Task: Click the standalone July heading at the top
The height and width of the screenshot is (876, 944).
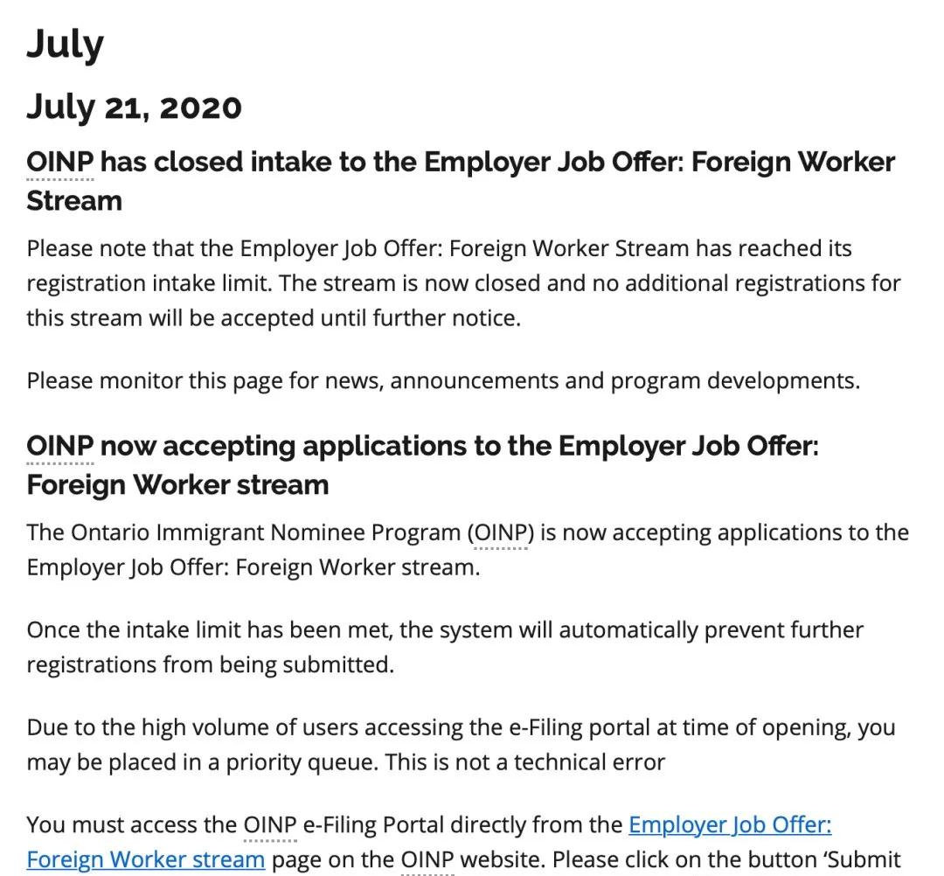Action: coord(65,44)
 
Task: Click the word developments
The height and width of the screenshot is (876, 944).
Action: coord(782,381)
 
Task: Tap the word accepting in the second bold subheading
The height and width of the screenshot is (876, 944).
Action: coord(230,447)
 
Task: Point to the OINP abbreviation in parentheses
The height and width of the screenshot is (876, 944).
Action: coord(501,532)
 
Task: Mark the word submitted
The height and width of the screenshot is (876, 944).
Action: coord(337,665)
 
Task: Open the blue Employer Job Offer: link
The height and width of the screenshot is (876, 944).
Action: coord(730,825)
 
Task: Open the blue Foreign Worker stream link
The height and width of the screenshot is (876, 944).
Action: coord(145,860)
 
